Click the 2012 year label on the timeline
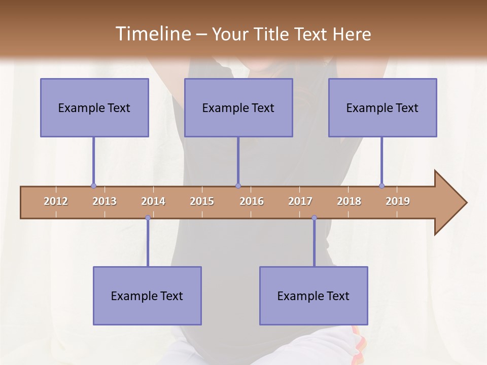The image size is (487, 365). point(56,201)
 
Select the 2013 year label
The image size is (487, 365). point(105,201)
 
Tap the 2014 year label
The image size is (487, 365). point(153,201)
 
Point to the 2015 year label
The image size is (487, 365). point(202,201)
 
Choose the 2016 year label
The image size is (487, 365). point(252,201)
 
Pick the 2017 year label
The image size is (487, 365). point(300,201)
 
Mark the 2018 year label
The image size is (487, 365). point(349,201)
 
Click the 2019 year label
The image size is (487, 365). point(398,201)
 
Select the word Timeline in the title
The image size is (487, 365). point(152,34)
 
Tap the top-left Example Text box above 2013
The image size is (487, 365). point(94,107)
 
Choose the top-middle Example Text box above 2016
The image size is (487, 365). point(238,107)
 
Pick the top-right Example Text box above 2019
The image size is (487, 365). point(382,107)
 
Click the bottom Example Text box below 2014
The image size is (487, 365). point(147,296)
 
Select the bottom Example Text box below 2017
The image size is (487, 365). point(314,296)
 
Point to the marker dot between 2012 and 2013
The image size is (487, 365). point(93,186)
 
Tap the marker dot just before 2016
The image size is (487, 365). point(238,186)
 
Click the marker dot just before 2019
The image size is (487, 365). point(381,186)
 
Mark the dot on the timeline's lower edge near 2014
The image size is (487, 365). point(148,218)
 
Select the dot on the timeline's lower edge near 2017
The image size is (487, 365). point(314,218)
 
